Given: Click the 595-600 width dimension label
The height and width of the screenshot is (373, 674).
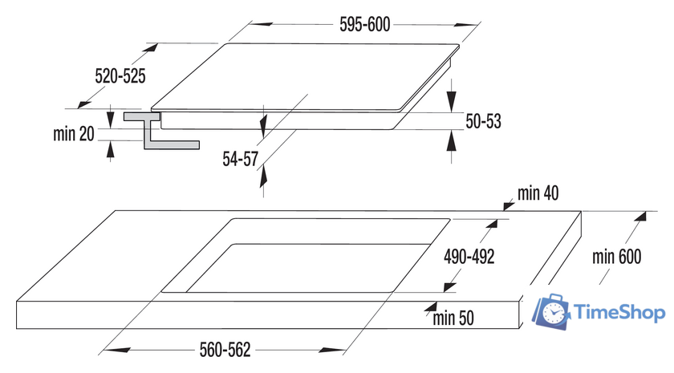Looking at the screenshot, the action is point(365,25).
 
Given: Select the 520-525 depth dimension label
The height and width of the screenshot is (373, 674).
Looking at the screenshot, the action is point(120,76).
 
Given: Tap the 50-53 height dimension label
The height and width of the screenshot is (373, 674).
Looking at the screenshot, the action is point(484,121).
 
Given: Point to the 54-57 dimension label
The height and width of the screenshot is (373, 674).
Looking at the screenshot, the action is point(240,159).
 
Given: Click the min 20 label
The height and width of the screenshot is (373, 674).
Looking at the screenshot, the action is point(74,134).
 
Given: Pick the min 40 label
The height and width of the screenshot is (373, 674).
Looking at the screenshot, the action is point(538,193).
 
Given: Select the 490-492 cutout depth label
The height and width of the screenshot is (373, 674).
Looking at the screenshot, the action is point(469,257).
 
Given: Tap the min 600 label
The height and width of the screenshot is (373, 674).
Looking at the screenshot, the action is point(617,257).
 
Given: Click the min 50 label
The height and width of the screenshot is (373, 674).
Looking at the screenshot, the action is point(453,318).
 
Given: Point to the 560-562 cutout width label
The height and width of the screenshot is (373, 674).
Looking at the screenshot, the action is point(225,350).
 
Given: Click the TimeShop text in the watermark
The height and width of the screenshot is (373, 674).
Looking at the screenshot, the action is point(620,312).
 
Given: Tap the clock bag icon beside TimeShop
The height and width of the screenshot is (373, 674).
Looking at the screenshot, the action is point(551,312).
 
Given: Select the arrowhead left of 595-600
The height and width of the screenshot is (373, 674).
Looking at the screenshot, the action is point(261,25).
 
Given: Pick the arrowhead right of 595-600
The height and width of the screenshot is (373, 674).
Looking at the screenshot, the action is point(466,25).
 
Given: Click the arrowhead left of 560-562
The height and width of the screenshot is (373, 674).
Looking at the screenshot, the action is point(116,351).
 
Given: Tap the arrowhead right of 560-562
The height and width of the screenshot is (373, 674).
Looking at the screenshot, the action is point(332,351).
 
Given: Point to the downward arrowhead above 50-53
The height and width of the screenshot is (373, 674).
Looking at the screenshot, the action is point(451,102).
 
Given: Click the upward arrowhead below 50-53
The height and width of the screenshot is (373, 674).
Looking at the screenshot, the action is point(451,141).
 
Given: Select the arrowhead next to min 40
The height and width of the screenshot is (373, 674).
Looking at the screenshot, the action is point(509,206).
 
